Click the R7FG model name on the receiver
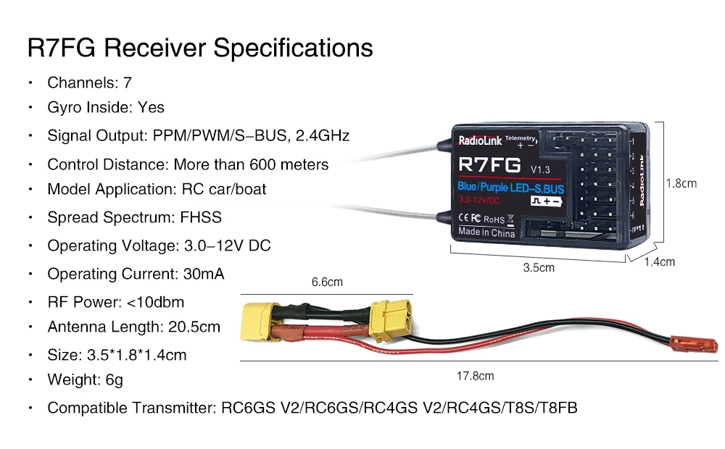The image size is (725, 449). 489,165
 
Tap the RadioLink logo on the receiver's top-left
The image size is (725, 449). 478,141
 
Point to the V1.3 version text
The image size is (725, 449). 541,169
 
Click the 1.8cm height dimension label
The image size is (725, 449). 681,183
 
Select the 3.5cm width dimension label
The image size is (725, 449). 539,267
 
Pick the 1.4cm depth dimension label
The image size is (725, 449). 660,261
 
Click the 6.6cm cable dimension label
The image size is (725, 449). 327,282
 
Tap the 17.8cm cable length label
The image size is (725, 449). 475,376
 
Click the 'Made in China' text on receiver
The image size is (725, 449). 486,232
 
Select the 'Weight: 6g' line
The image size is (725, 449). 85,379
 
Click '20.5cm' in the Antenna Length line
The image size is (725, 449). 194,327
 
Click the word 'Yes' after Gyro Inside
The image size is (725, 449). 151,107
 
